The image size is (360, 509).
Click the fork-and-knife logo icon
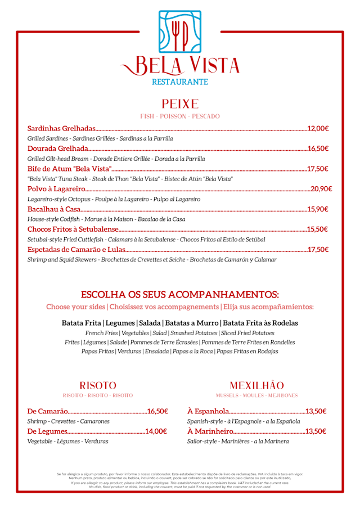[x=180, y=32]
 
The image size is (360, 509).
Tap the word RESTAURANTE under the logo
[x=180, y=82]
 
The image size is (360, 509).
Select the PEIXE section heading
[x=180, y=104]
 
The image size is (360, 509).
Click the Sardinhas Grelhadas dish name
[x=61, y=129]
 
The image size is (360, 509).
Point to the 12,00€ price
[x=318, y=129]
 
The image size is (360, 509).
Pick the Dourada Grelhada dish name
[x=58, y=148]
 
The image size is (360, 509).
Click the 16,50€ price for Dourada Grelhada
[x=318, y=148]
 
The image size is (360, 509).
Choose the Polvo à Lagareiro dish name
[x=56, y=189]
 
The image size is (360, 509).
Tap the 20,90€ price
[x=321, y=189]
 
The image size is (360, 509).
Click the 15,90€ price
[x=318, y=209]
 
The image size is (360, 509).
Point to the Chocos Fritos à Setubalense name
[x=73, y=229]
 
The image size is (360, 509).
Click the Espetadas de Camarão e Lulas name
[x=76, y=249]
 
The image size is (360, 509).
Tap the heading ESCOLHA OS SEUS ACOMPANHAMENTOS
[x=180, y=295]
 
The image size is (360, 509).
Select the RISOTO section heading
[x=98, y=386]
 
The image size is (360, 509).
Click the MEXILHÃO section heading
[x=256, y=386]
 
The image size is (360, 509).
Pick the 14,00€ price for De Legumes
[x=156, y=431]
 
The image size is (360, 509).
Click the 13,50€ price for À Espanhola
[x=316, y=411]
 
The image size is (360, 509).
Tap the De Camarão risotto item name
[x=48, y=411]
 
